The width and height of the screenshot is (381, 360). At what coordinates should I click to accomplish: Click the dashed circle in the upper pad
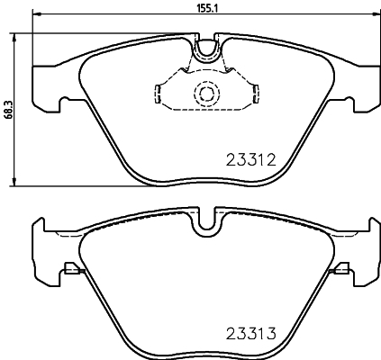207,94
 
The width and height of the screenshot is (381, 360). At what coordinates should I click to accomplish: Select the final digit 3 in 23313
268,334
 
